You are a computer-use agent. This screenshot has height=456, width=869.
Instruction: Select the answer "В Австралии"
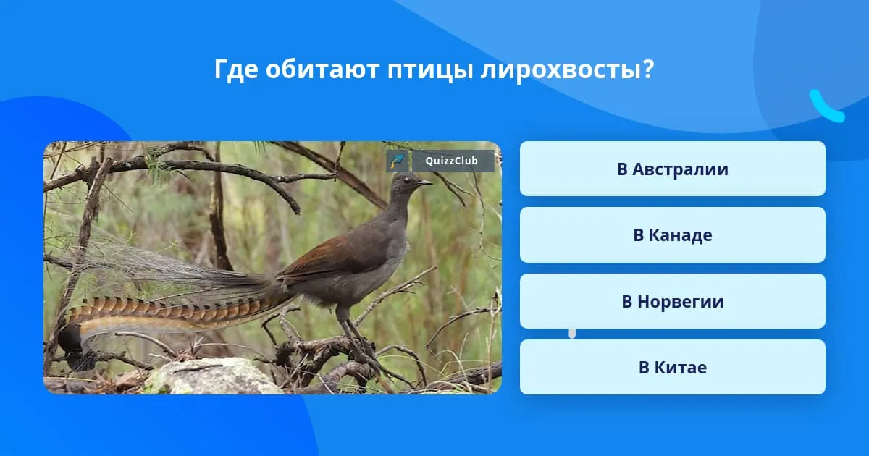coord(672,169)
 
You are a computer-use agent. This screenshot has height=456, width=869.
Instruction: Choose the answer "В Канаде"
coord(672,235)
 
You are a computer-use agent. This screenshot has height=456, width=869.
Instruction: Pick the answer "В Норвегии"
coord(672,301)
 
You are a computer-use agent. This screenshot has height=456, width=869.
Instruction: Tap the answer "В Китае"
coord(672,367)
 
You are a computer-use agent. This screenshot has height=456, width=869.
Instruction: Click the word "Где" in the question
coord(236,70)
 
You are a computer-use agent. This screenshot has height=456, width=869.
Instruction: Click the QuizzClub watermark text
coord(452,161)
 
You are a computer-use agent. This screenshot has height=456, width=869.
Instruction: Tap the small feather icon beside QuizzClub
coord(397,161)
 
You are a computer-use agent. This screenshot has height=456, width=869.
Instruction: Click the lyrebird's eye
coord(406,180)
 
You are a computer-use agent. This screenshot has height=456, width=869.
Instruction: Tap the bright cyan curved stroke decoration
coord(826,107)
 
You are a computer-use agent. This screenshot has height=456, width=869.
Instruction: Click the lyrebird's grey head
coord(406,185)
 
